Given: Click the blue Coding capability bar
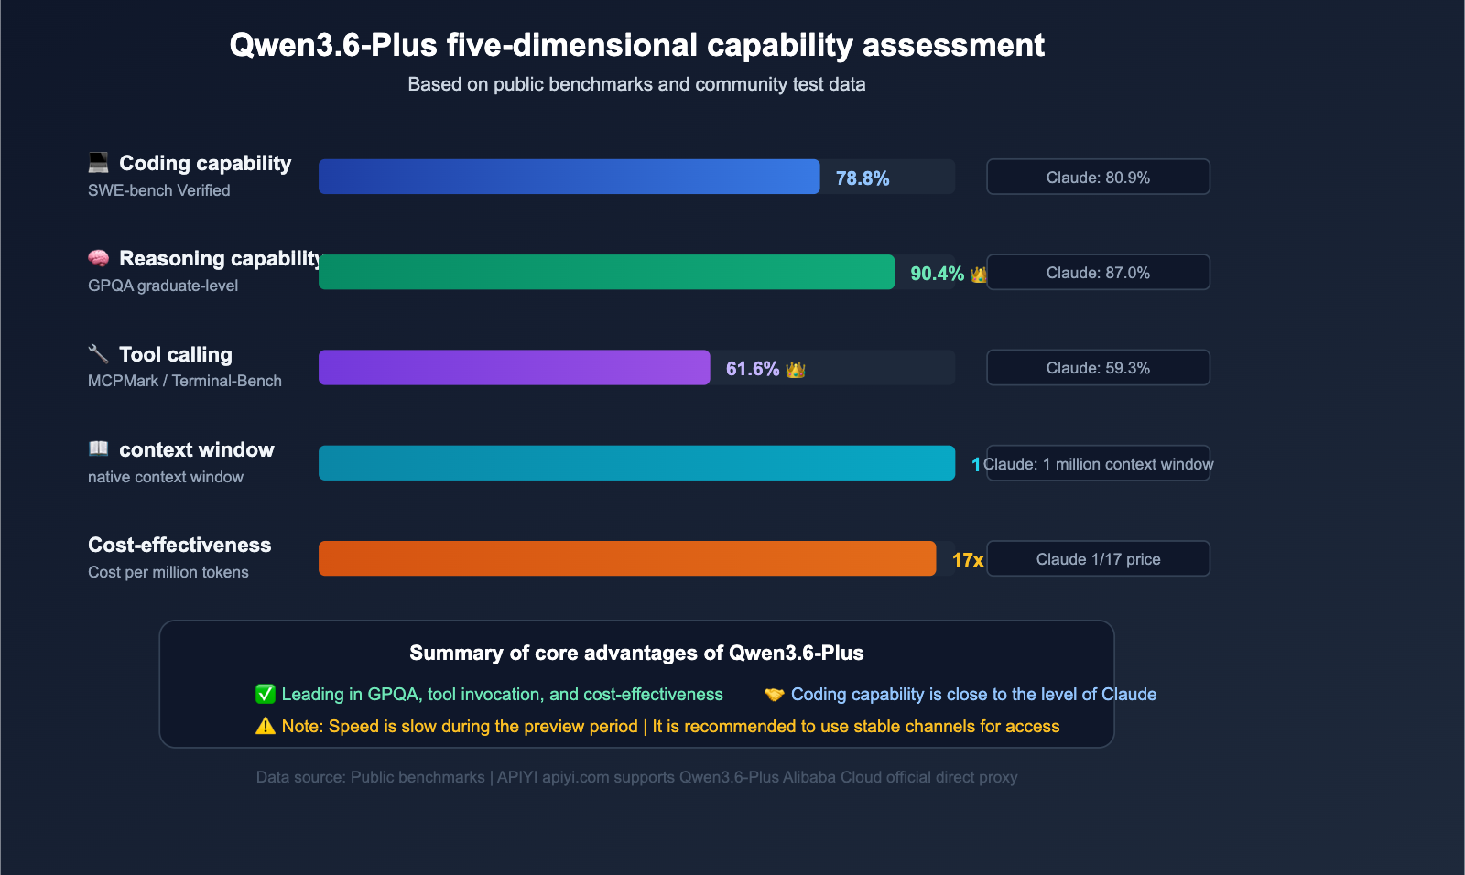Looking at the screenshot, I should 569,177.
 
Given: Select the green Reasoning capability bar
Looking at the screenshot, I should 606,272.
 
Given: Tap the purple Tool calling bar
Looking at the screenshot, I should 514,367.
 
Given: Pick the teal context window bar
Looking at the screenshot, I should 636,463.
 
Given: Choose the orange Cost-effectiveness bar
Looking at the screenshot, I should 627,558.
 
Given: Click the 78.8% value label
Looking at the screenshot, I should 862,178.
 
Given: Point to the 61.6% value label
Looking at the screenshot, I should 752,369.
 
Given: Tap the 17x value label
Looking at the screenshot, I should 967,560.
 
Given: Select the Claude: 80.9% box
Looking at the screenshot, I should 1098,177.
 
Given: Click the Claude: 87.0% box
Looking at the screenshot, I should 1098,272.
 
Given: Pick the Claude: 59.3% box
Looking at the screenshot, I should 1098,367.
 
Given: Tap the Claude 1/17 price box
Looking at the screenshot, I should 1098,558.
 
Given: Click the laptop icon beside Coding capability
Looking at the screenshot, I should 98,163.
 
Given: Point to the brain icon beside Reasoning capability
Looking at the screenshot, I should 98,258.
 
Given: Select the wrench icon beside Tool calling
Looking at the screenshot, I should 98,353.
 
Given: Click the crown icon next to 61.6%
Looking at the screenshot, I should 795,370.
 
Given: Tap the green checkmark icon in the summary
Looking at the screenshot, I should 266,694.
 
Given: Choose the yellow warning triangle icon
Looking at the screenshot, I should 266,726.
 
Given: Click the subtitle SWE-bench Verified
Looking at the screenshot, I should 158,190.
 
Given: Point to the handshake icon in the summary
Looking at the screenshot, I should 774,694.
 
